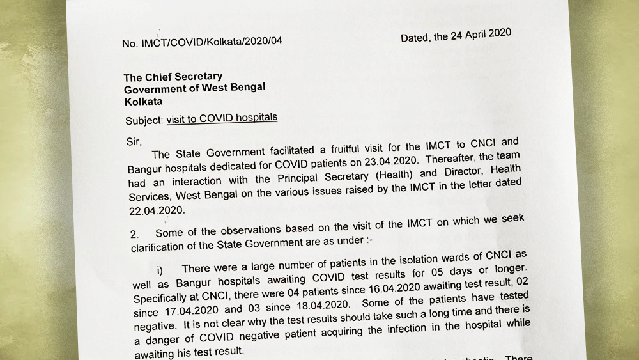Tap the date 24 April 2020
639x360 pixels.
coord(472,35)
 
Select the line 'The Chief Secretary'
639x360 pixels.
coord(173,77)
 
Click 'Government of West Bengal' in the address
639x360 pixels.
coord(194,88)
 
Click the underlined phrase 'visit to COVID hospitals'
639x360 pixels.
coord(222,118)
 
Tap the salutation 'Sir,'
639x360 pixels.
coord(133,141)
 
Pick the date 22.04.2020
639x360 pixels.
coord(157,209)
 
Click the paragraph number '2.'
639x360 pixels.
coord(134,235)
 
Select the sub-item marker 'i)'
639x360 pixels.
coord(160,272)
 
